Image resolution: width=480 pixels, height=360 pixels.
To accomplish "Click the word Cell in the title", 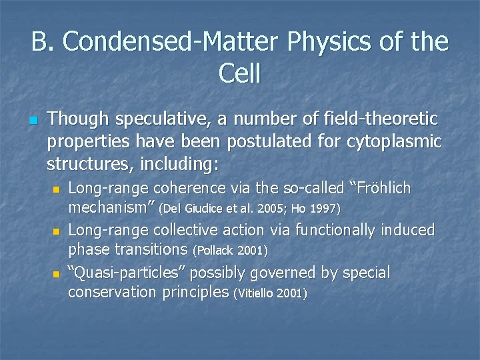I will point(239,73).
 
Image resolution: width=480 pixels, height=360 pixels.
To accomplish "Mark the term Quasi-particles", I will point(131,273).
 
